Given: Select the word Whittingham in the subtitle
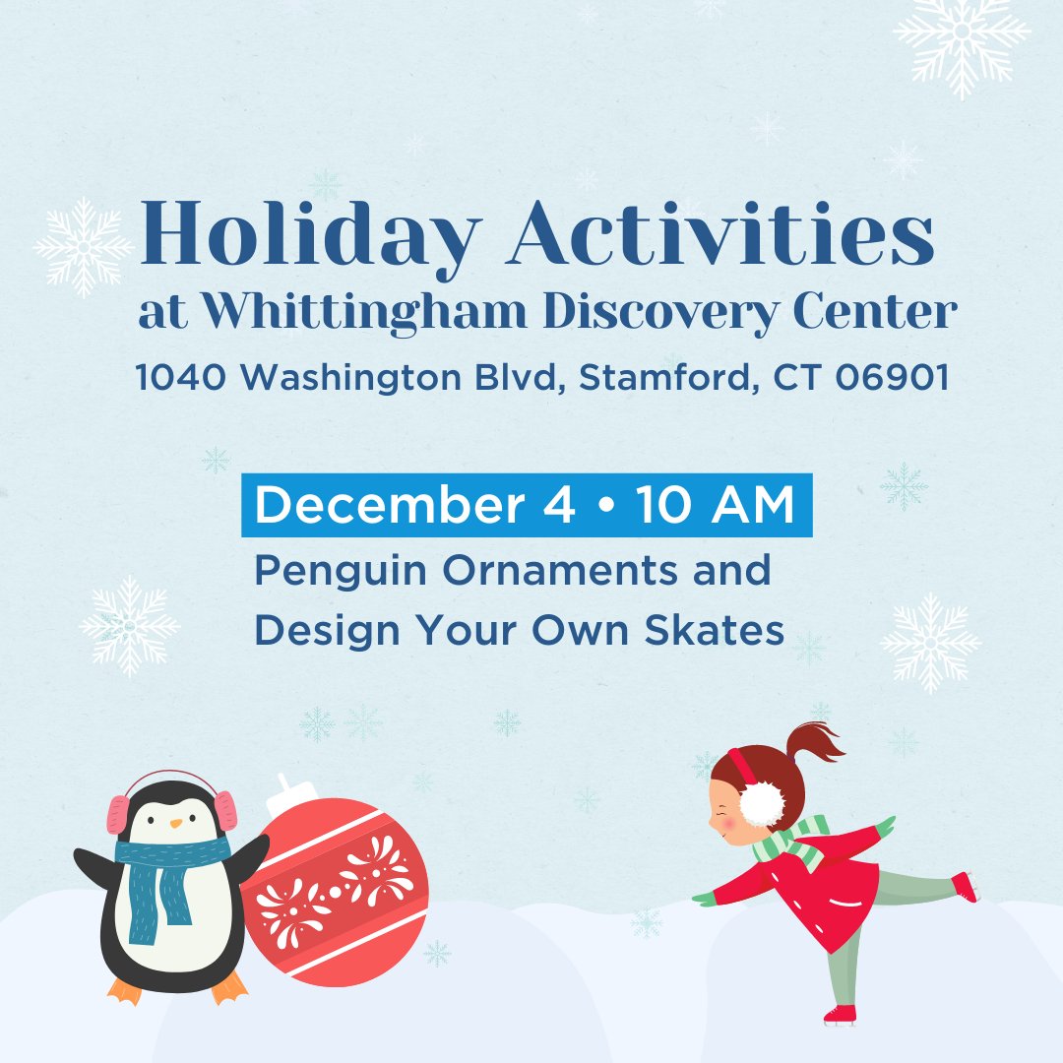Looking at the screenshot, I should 365,313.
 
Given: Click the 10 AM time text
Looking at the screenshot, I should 715,507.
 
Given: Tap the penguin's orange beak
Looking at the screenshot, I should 174,822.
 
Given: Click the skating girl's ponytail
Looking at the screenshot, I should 812,743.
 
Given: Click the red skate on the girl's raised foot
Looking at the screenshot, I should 966,886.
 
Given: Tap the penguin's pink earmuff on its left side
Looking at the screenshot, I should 118,814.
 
